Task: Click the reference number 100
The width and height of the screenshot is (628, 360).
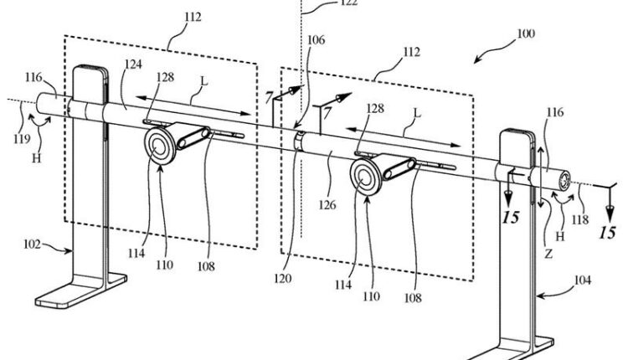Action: (x=526, y=33)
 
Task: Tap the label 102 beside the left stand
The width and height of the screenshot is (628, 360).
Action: (x=32, y=244)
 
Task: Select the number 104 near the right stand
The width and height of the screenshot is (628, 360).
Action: (x=582, y=280)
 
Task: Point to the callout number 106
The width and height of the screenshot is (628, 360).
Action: (x=316, y=40)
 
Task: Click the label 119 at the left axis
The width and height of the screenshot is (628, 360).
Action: (x=21, y=138)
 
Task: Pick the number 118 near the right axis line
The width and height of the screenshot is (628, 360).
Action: (x=580, y=219)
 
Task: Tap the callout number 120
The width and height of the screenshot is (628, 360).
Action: (x=283, y=278)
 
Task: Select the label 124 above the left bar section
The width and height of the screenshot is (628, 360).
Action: (x=133, y=64)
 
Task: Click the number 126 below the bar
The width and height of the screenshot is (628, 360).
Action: (x=327, y=205)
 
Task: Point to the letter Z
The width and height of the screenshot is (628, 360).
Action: (x=548, y=254)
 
